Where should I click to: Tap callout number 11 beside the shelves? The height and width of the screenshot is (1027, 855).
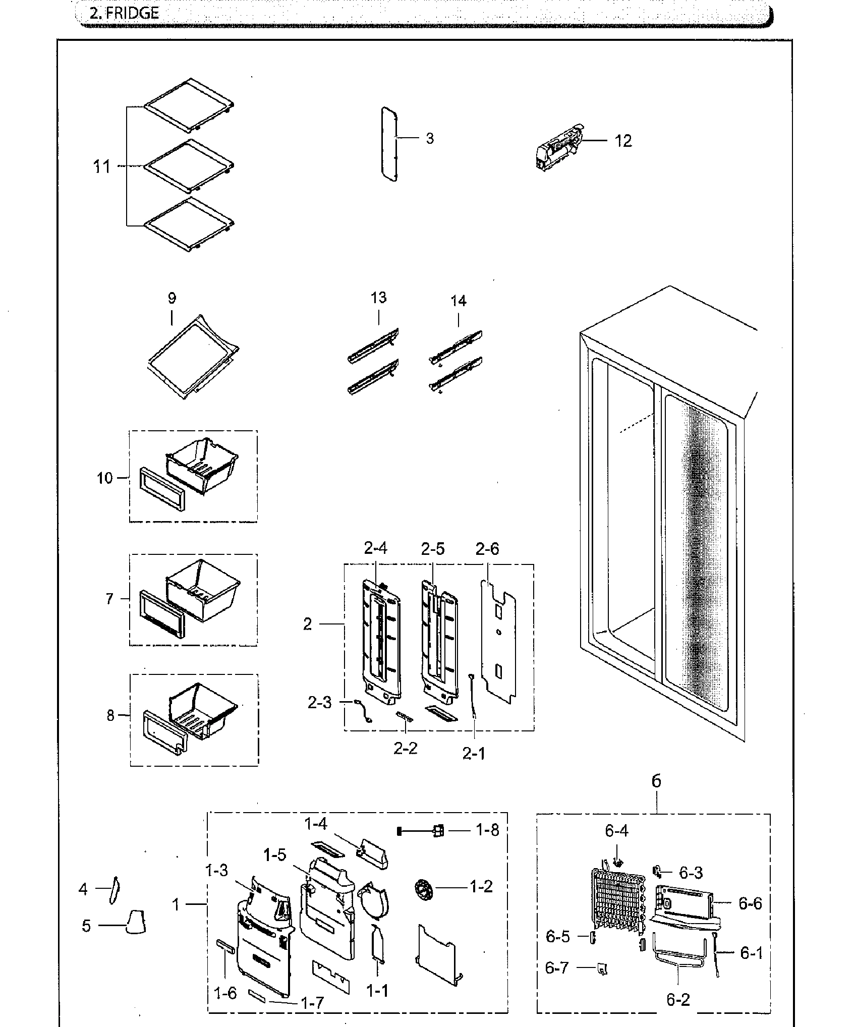click(102, 166)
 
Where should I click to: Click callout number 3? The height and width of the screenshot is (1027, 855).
click(429, 138)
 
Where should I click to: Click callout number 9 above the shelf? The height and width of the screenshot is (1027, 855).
click(172, 298)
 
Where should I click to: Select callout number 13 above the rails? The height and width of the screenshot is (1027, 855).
click(378, 298)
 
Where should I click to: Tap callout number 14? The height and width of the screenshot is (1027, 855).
click(458, 301)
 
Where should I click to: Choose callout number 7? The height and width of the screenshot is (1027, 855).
click(109, 599)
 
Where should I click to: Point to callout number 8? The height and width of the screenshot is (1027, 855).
click(110, 715)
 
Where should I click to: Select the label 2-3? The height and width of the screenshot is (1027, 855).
click(320, 702)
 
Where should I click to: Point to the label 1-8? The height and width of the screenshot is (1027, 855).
click(487, 830)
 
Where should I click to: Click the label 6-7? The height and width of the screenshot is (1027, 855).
click(557, 967)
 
